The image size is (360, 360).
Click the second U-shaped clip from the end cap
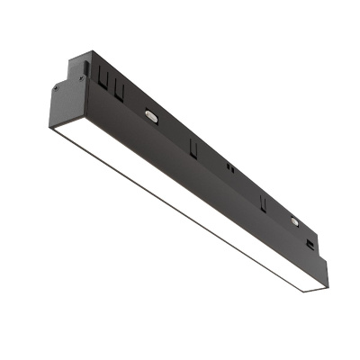120,87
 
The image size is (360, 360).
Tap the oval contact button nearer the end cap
150,115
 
